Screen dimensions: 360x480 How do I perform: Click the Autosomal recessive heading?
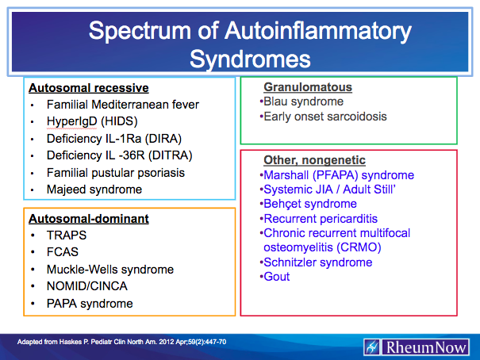pos(89,87)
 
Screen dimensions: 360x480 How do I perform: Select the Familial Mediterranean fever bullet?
pos(122,105)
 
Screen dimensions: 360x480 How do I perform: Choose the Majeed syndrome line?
pos(94,190)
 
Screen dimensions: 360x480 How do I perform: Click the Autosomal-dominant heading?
pos(89,218)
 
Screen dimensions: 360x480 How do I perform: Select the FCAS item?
pos(63,252)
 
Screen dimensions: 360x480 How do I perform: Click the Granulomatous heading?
pos(308,87)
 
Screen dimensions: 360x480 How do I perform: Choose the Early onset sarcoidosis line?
pos(324,117)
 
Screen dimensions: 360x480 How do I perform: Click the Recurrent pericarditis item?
pos(320,218)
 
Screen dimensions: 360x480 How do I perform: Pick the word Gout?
pos(276,277)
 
